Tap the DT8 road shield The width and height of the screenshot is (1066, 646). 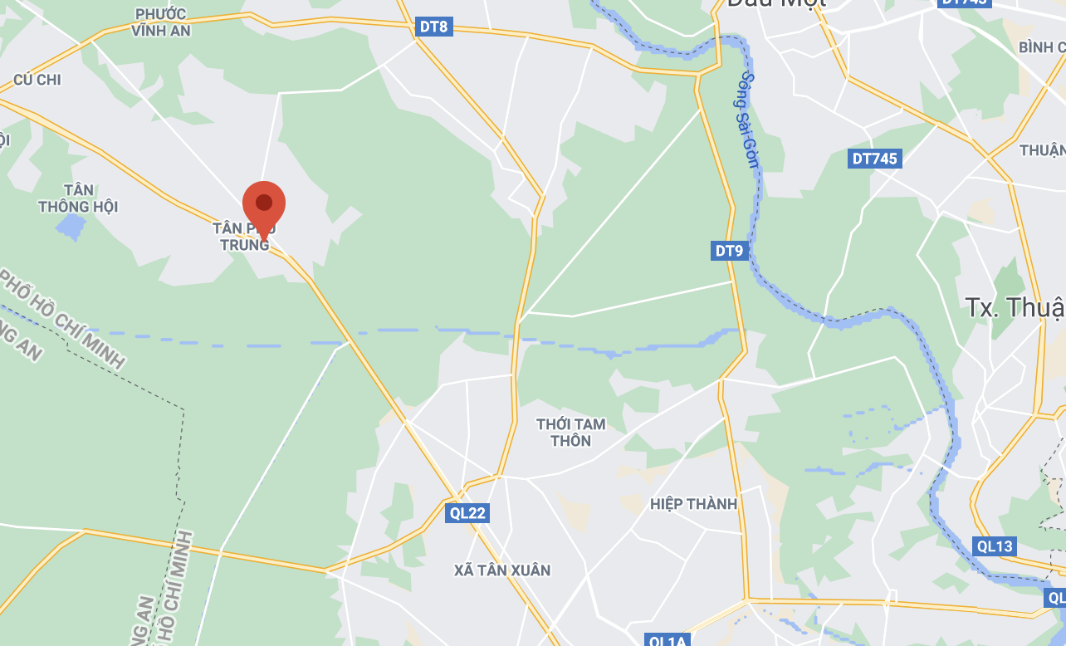433,27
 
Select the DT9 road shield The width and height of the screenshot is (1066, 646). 729,250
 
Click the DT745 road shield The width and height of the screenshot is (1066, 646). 875,158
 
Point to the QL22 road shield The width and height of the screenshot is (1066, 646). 467,512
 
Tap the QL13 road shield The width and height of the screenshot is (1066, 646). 995,546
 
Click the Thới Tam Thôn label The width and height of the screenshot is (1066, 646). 571,432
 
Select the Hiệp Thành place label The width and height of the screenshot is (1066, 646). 693,503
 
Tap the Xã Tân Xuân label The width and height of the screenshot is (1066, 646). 502,570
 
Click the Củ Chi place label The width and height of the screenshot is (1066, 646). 37,80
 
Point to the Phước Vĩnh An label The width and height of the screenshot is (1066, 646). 160,22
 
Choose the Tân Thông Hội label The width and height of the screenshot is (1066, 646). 78,198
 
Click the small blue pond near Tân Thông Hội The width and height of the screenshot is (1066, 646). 71,224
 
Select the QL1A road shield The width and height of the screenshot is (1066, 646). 667,639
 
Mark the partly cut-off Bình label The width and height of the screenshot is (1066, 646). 1041,46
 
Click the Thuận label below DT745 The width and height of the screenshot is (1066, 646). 1042,149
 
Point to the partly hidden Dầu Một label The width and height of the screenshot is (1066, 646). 776,4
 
